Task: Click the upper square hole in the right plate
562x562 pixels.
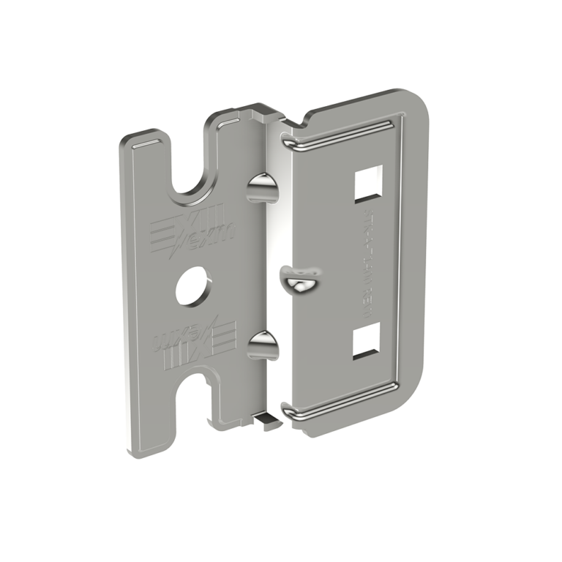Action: [x=368, y=182]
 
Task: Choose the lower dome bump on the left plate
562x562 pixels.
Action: [x=263, y=345]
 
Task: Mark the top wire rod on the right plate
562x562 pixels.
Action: [x=344, y=135]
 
